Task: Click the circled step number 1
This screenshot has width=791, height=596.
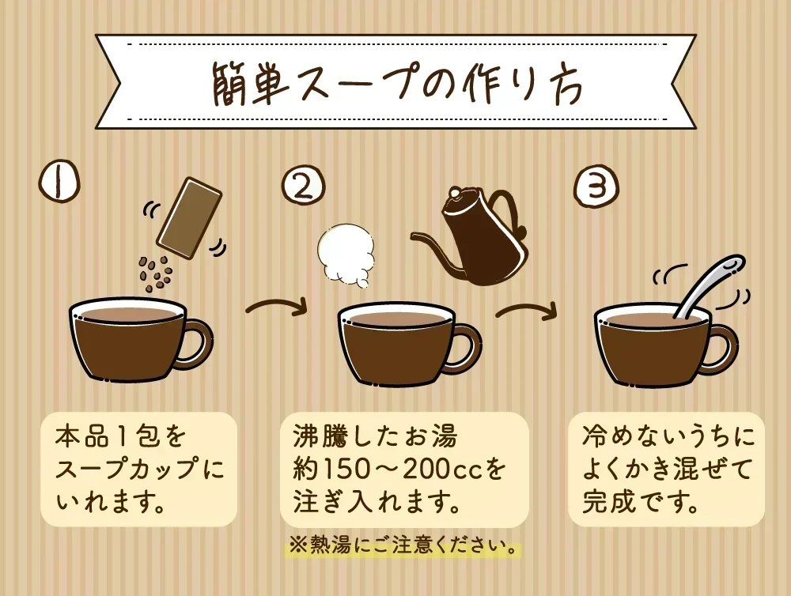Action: click(59, 183)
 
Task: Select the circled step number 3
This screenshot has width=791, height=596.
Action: click(596, 187)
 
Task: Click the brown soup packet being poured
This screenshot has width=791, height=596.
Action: click(190, 218)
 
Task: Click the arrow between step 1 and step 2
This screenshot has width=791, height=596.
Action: click(276, 306)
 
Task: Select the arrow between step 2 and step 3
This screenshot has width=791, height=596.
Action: click(526, 310)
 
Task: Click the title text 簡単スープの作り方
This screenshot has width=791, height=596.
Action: click(396, 84)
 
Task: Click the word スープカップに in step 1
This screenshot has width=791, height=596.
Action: click(139, 470)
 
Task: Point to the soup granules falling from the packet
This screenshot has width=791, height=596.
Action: click(155, 273)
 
